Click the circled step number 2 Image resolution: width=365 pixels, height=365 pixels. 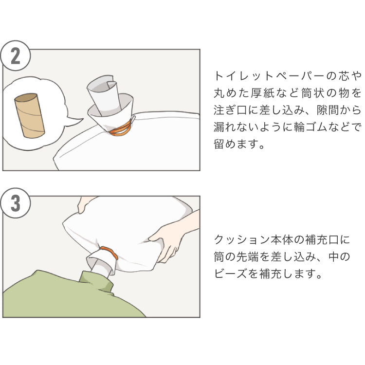point(15,56)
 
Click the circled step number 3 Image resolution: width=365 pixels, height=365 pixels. point(15,203)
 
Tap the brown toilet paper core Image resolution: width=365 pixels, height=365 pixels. point(30,115)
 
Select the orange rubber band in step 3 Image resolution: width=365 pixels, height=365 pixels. point(109,254)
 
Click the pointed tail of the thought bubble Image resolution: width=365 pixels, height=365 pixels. point(73,120)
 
